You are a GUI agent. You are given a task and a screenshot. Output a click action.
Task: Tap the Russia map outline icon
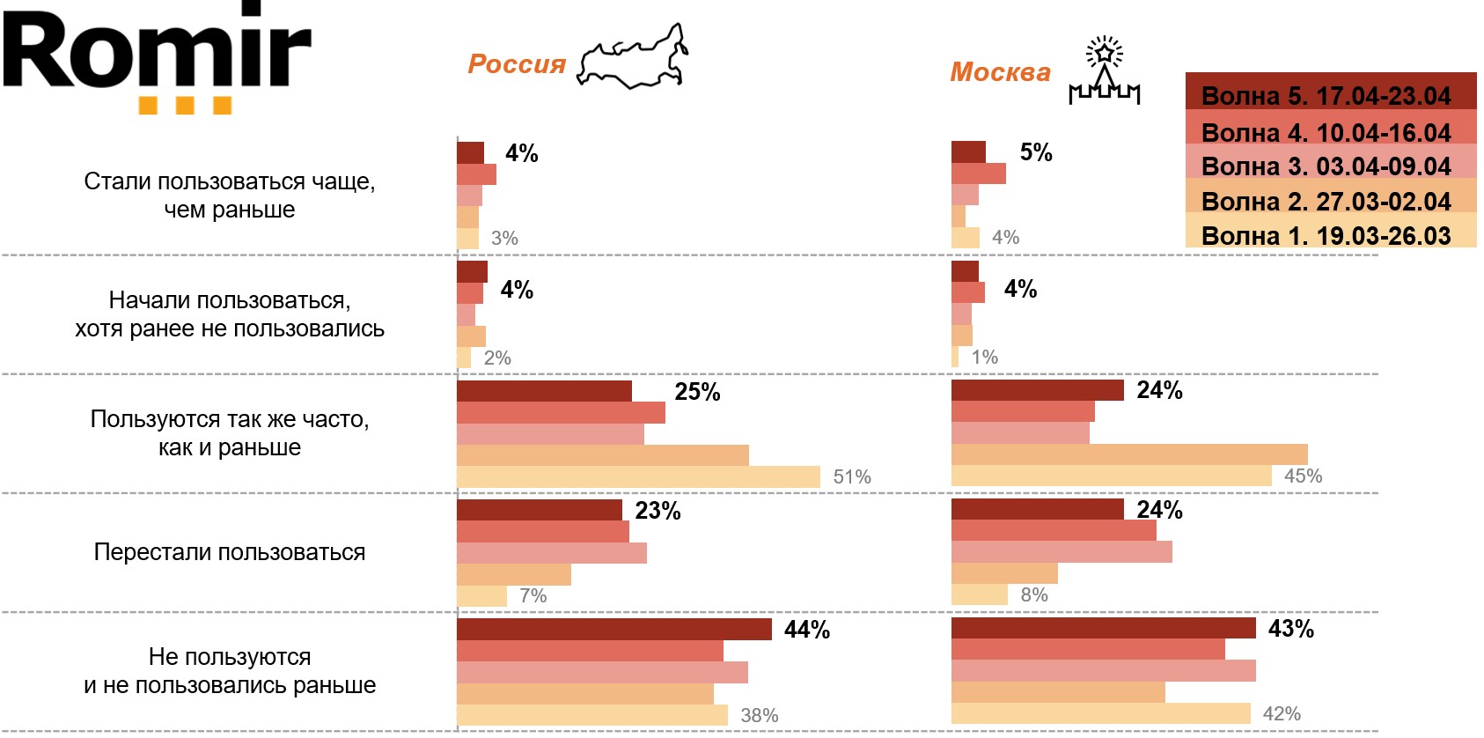[x=632, y=58]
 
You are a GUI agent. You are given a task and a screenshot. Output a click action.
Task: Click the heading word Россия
[x=517, y=64]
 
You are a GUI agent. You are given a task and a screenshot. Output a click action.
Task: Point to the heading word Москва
[x=1000, y=72]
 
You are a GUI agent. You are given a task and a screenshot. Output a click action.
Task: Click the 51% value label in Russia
[x=852, y=477]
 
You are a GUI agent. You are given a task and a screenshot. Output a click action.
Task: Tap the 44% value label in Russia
[x=807, y=630]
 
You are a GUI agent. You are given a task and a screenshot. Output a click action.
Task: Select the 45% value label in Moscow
[x=1303, y=476]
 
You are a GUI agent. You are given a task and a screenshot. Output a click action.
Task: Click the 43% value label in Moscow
[x=1290, y=629]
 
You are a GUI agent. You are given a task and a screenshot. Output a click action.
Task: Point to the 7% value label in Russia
[x=533, y=596]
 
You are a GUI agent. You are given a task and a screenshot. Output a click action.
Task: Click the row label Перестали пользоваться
[x=230, y=552]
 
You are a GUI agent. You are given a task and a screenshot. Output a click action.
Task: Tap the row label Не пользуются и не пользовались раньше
[x=230, y=671]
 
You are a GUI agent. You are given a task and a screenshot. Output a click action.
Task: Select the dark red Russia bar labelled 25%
[x=544, y=391]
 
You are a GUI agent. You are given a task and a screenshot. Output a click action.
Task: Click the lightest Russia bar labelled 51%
[x=638, y=477]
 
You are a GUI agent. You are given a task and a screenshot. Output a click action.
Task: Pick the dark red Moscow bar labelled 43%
[x=1103, y=628]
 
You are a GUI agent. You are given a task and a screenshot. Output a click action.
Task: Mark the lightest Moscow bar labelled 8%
[x=979, y=595]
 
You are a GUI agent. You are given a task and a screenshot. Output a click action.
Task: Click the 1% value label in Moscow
[x=984, y=358]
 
